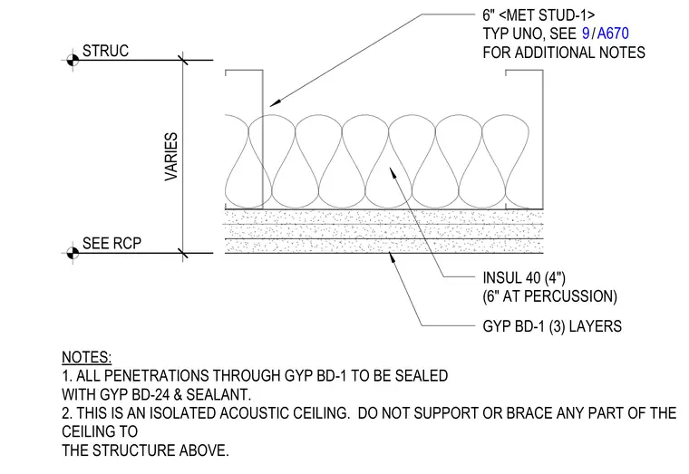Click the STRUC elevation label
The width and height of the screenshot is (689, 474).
click(x=105, y=51)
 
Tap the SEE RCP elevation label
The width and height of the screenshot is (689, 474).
click(x=112, y=244)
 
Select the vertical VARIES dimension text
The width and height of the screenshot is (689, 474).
click(x=171, y=157)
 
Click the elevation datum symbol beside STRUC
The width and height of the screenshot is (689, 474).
click(x=73, y=60)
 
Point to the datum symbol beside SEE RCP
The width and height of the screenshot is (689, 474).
click(x=73, y=253)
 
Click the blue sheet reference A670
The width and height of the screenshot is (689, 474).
click(x=613, y=34)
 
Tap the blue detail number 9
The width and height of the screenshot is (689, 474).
click(x=586, y=34)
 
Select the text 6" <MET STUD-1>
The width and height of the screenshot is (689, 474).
click(x=539, y=15)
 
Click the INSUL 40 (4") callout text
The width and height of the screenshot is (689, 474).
click(x=524, y=278)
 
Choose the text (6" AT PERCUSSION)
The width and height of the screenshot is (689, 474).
click(x=549, y=296)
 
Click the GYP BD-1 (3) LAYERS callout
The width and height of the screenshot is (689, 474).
click(x=552, y=326)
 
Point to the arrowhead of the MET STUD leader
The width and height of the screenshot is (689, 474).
click(x=271, y=105)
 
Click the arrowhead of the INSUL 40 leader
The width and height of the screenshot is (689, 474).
click(x=391, y=168)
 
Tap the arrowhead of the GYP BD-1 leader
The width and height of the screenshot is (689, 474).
click(x=391, y=254)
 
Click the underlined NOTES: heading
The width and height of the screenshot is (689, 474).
click(x=86, y=357)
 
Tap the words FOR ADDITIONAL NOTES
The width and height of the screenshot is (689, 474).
click(x=564, y=53)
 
